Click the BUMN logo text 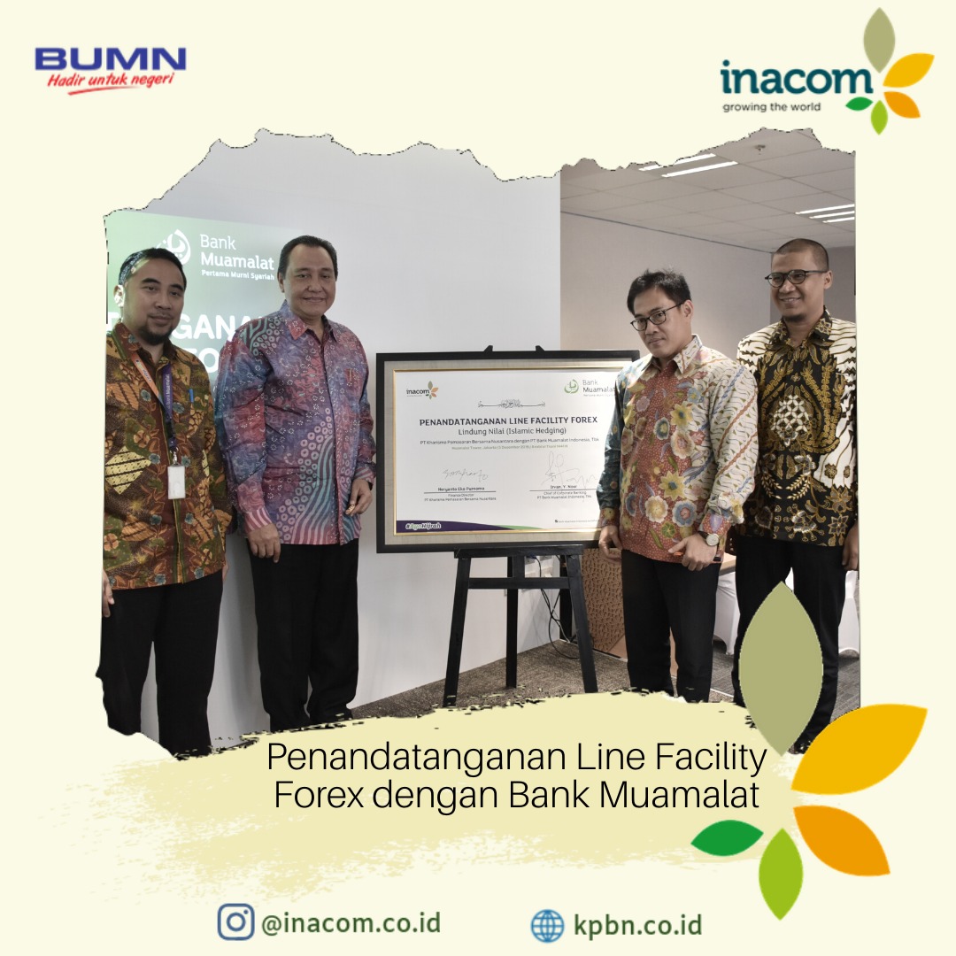point(111,60)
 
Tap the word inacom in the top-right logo point(796,80)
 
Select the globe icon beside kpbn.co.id point(547,925)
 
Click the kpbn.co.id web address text point(637,925)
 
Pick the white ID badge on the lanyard point(176,482)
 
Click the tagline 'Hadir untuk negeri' point(111,81)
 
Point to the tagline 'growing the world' point(771,107)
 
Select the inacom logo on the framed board point(421,390)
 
